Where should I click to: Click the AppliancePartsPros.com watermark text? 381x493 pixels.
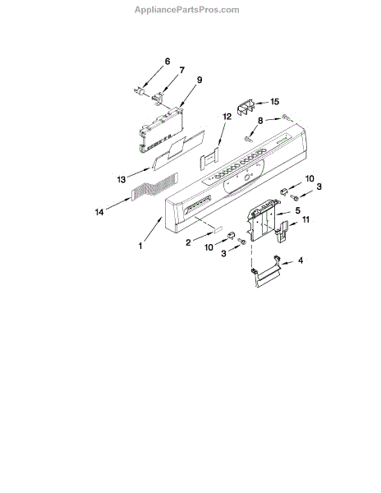pyautogui.click(x=187, y=10)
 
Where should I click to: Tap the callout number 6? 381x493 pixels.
pyautogui.click(x=168, y=62)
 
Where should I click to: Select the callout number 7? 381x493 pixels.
pyautogui.click(x=182, y=70)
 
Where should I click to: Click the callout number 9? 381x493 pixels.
pyautogui.click(x=200, y=80)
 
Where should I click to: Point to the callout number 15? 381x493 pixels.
pyautogui.click(x=274, y=102)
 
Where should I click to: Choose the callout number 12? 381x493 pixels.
pyautogui.click(x=227, y=117)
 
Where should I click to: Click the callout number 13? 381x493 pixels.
pyautogui.click(x=122, y=179)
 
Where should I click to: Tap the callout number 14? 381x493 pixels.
pyautogui.click(x=99, y=213)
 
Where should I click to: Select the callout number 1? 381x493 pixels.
pyautogui.click(x=140, y=246)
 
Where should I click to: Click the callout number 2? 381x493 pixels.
pyautogui.click(x=188, y=242)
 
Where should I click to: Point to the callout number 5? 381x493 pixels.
pyautogui.click(x=297, y=210)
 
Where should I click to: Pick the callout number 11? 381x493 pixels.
pyautogui.click(x=305, y=219)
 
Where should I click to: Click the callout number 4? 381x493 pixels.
pyautogui.click(x=301, y=260)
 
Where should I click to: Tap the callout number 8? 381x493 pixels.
pyautogui.click(x=260, y=121)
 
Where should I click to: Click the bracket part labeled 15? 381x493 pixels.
pyautogui.click(x=246, y=108)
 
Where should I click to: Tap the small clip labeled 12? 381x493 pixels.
pyautogui.click(x=209, y=158)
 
